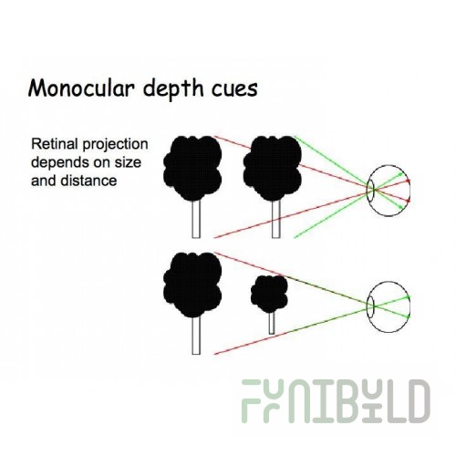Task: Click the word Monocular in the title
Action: pos(81,88)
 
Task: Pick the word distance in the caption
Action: pos(88,181)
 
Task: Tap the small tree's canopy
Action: pos(269,294)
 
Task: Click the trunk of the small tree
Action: pos(272,324)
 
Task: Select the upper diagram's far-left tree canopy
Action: pos(192,168)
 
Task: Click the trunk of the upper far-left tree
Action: pos(196,219)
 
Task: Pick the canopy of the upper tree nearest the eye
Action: pos(273,168)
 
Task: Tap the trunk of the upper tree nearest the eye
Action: pos(275,219)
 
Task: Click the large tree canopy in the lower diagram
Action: pos(192,285)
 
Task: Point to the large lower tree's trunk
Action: pos(196,336)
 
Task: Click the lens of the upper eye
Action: pos(370,191)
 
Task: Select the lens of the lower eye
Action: pos(370,306)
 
